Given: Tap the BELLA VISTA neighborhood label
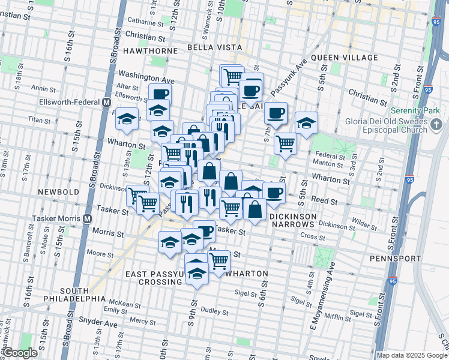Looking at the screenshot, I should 215,47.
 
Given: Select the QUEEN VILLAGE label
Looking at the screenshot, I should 344,58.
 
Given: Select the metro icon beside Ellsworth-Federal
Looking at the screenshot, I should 106,102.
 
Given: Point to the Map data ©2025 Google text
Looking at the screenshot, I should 412,355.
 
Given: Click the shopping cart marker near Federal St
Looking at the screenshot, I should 286,143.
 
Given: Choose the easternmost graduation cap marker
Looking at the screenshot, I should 306,123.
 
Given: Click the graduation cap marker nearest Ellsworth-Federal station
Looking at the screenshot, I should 127,118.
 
